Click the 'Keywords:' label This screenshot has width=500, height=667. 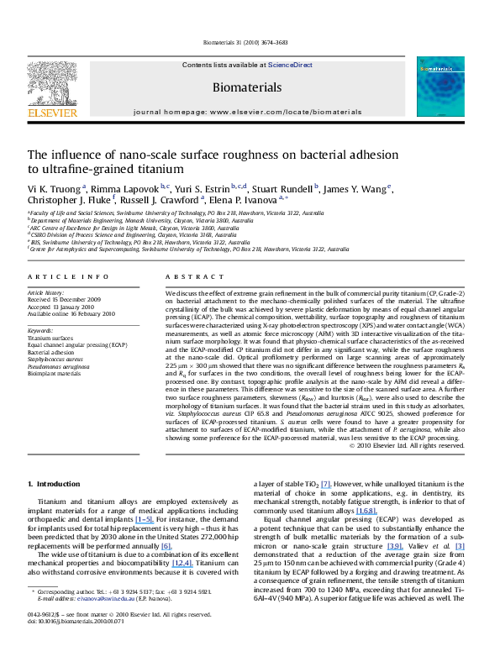point(41,331)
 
